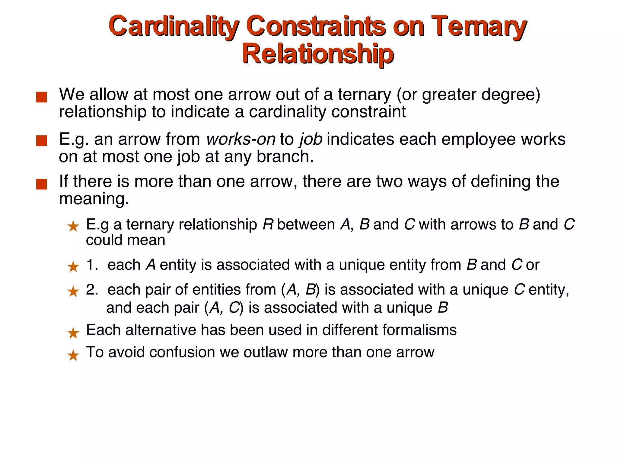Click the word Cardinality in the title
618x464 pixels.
(x=174, y=27)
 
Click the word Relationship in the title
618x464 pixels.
(x=317, y=54)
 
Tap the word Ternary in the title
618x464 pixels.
(x=479, y=27)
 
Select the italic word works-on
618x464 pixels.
(x=241, y=140)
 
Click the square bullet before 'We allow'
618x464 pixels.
(x=41, y=97)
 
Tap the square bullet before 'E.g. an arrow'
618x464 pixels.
(x=41, y=141)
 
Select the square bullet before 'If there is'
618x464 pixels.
(x=41, y=184)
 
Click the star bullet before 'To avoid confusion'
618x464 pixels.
(x=73, y=356)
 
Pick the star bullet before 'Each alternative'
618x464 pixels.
(x=73, y=333)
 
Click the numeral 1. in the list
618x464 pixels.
(x=92, y=265)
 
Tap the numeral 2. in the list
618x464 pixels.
(x=92, y=290)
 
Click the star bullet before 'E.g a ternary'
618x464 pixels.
(x=73, y=226)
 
